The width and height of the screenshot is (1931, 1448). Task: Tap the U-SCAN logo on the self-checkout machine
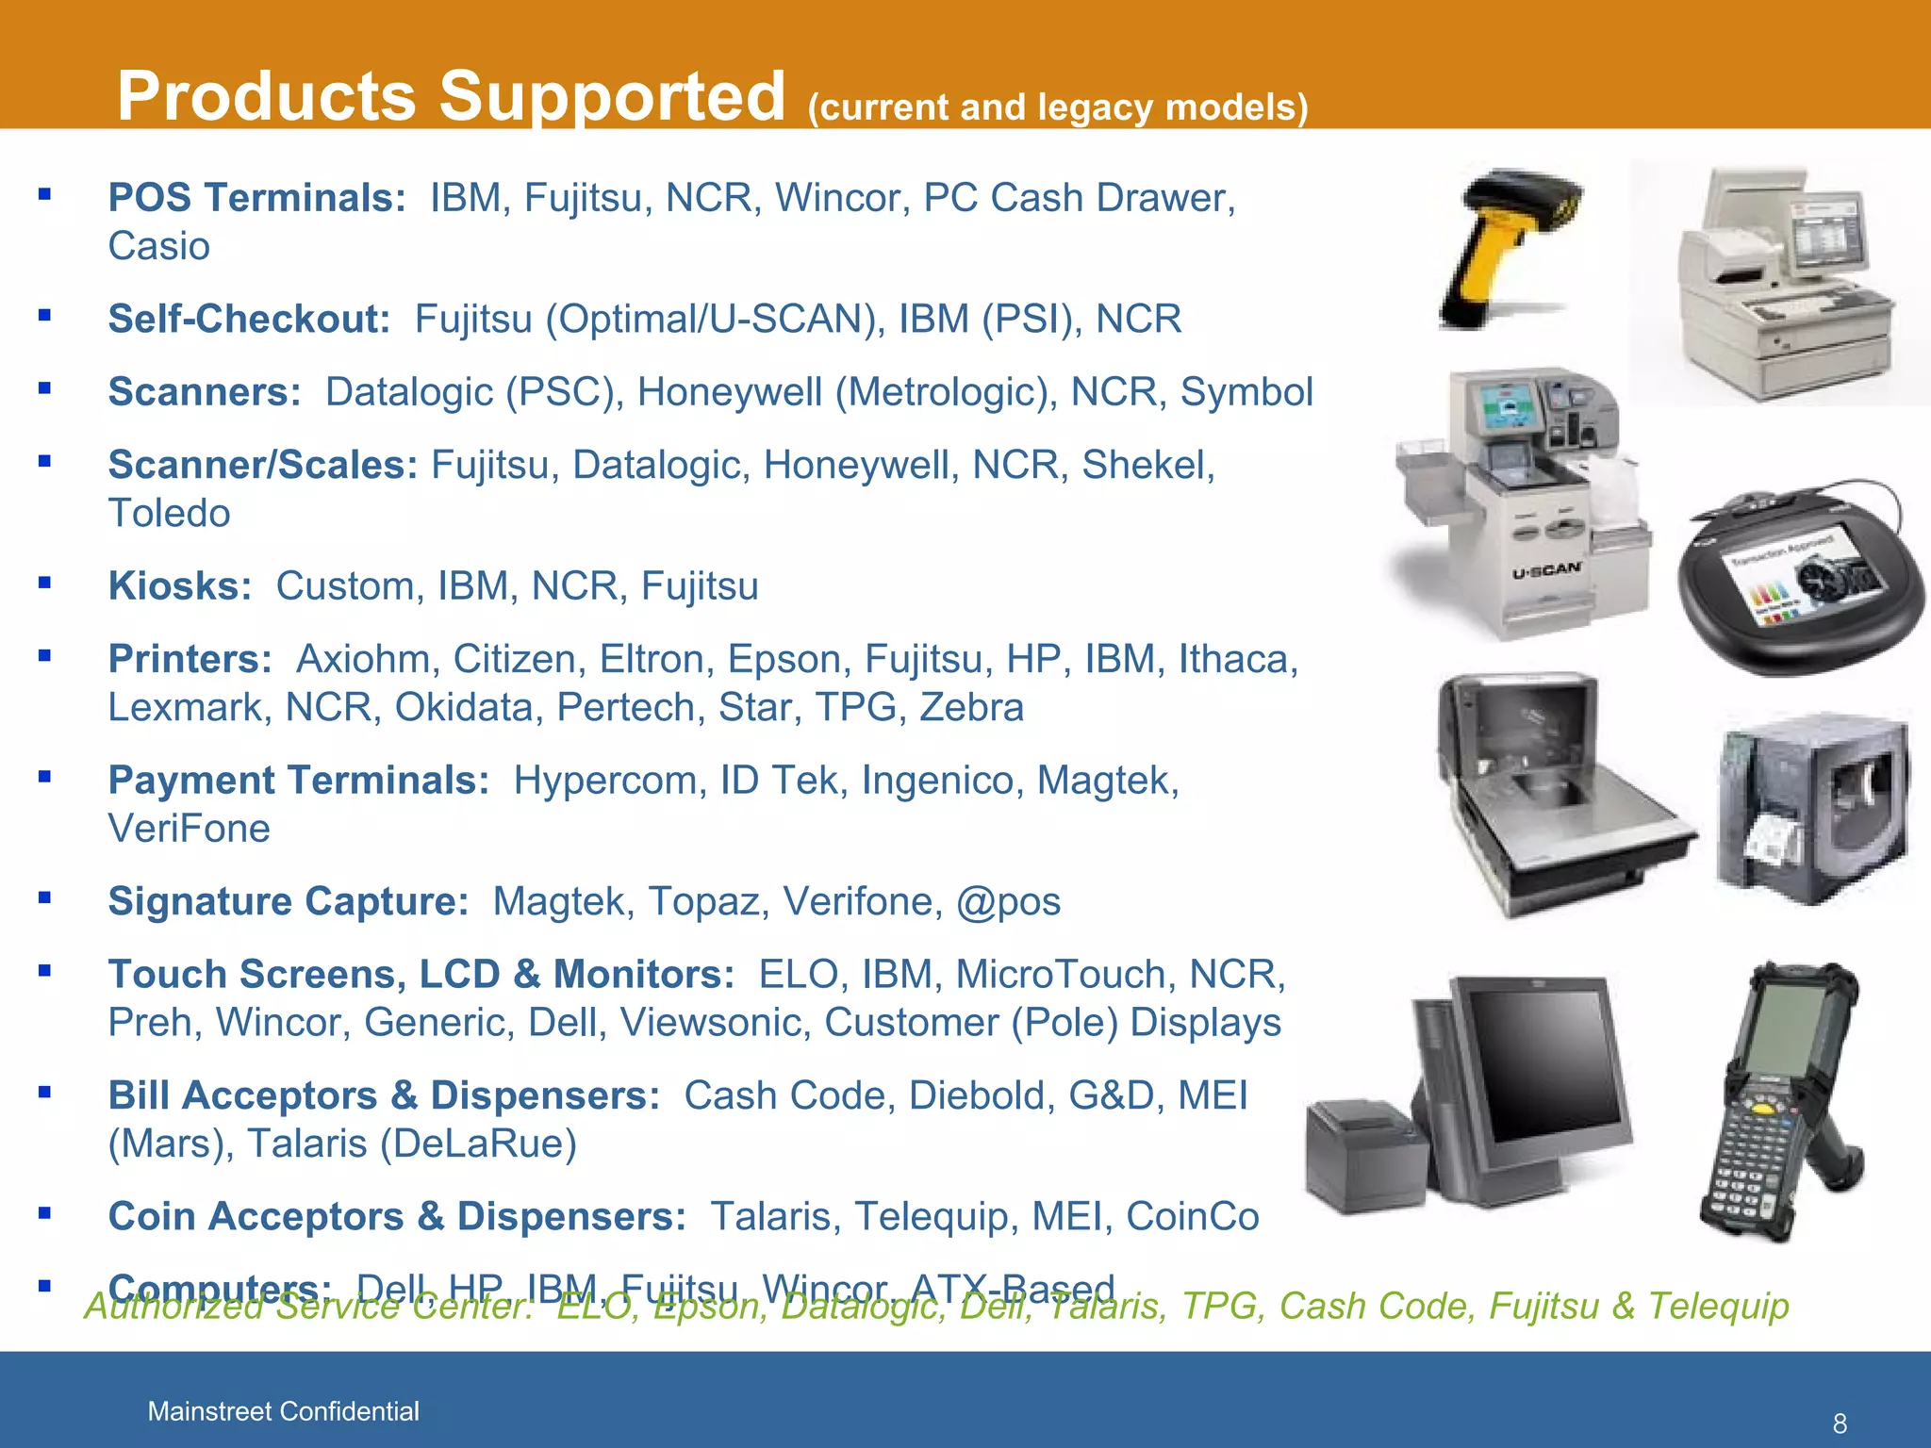click(1546, 570)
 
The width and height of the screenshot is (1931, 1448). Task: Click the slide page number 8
click(1839, 1423)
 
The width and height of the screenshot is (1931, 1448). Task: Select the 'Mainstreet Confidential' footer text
click(283, 1411)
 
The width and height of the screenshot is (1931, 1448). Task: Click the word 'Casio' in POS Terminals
click(158, 247)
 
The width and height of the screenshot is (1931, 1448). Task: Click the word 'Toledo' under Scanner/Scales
click(169, 514)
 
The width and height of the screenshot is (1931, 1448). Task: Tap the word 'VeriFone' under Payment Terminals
click(189, 830)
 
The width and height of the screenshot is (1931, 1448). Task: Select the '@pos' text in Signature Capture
click(1008, 902)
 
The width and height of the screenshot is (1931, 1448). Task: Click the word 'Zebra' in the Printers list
click(971, 708)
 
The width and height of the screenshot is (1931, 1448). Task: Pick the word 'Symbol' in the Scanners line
click(1246, 392)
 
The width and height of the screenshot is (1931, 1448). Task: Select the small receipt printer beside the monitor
click(1362, 1155)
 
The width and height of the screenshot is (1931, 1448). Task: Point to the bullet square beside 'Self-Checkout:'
click(44, 316)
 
